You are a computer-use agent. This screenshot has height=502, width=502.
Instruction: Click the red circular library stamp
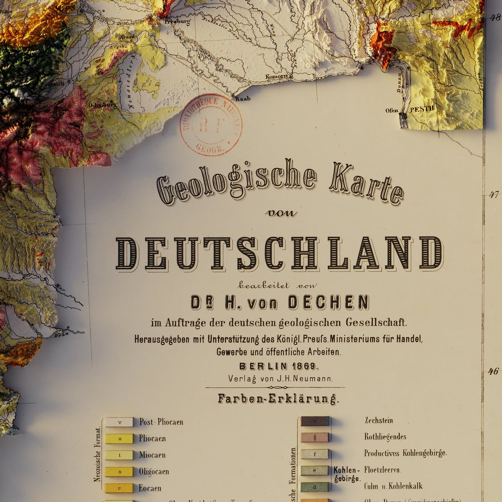pyautogui.click(x=211, y=125)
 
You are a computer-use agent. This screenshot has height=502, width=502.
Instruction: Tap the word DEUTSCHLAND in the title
pyautogui.click(x=280, y=254)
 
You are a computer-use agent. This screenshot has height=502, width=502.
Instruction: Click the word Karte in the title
pyautogui.click(x=366, y=184)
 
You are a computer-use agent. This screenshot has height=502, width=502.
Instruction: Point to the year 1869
pyautogui.click(x=304, y=366)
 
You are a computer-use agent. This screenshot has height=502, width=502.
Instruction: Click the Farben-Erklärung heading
pyautogui.click(x=278, y=399)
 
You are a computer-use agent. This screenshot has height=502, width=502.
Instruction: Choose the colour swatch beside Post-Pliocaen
pyautogui.click(x=119, y=422)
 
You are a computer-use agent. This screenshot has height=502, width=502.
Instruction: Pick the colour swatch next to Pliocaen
pyautogui.click(x=119, y=439)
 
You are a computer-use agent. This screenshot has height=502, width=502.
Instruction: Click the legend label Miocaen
pyautogui.click(x=152, y=455)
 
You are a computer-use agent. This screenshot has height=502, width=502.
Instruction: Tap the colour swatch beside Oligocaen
pyautogui.click(x=119, y=471)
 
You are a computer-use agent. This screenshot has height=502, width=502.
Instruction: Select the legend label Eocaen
pyautogui.click(x=150, y=488)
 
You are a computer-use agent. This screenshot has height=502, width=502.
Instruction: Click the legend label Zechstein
pyautogui.click(x=379, y=420)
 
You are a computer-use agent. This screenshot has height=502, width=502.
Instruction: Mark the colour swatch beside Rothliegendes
pyautogui.click(x=315, y=437)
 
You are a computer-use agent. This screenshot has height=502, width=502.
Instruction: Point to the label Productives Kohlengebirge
pyautogui.click(x=405, y=453)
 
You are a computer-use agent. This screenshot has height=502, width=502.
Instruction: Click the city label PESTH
pyautogui.click(x=422, y=109)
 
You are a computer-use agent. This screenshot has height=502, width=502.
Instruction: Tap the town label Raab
pyautogui.click(x=243, y=99)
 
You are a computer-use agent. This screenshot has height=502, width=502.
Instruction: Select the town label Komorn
pyautogui.click(x=277, y=76)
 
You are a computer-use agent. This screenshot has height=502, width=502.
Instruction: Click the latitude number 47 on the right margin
pyautogui.click(x=494, y=195)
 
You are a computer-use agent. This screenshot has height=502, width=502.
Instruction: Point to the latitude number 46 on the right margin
pyautogui.click(x=493, y=371)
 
